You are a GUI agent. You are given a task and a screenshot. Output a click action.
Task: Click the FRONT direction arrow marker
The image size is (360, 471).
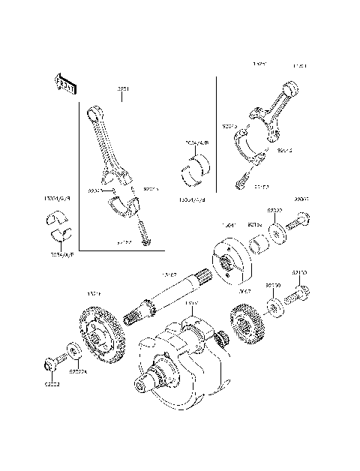pyautogui.click(x=64, y=83)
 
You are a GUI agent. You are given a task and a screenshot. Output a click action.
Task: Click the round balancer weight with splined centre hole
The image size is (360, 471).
pyautogui.click(x=227, y=259)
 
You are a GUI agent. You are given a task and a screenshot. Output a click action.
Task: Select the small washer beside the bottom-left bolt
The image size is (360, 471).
pyautogui.click(x=73, y=349)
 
